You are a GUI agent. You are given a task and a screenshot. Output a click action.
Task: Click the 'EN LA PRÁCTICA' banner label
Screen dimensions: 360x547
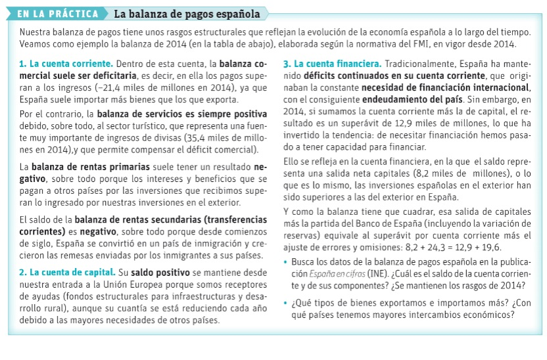(x=57, y=14)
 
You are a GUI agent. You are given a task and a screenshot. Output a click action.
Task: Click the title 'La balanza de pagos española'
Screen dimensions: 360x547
(x=186, y=14)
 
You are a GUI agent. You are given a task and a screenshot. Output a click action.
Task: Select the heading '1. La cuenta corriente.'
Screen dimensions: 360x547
(x=66, y=64)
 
